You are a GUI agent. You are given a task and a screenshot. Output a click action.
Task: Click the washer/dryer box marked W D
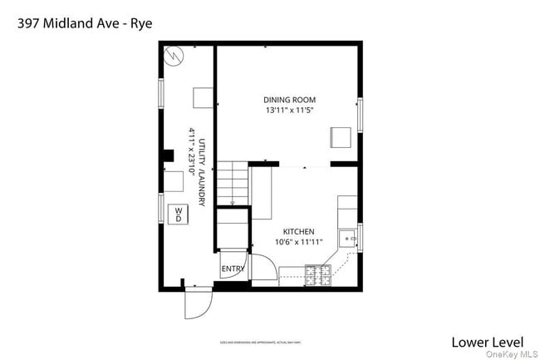pos(178,215)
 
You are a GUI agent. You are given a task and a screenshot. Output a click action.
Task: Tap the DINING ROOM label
pos(290,100)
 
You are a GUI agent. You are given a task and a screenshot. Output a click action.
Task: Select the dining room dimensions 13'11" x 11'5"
pos(290,110)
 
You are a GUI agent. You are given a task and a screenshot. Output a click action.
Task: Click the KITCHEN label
pos(298,232)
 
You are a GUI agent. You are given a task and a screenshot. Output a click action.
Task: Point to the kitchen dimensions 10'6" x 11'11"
pos(298,242)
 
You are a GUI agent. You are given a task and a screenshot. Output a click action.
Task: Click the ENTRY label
pos(232,268)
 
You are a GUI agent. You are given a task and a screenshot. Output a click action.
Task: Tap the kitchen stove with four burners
pos(317,274)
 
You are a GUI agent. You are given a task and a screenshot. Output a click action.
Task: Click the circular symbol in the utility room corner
pos(174,57)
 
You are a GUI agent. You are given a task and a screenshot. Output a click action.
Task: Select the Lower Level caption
pos(487,341)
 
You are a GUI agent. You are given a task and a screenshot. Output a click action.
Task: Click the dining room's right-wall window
pos(360,116)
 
